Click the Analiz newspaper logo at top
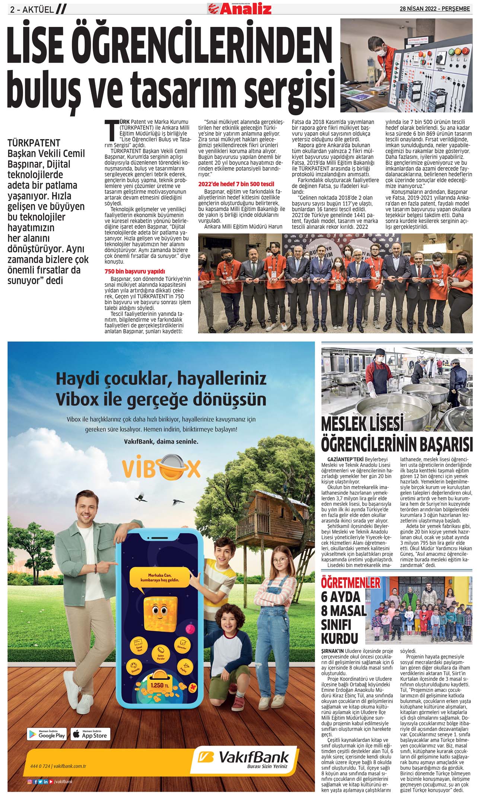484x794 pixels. (240, 8)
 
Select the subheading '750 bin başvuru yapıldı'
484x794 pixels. (134, 271)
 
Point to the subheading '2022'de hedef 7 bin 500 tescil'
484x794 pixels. (236, 184)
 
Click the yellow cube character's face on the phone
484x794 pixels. (160, 610)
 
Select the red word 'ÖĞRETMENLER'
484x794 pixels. (351, 583)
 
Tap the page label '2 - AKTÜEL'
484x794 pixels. (32, 10)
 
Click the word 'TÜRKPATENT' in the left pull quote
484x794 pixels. (34, 143)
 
